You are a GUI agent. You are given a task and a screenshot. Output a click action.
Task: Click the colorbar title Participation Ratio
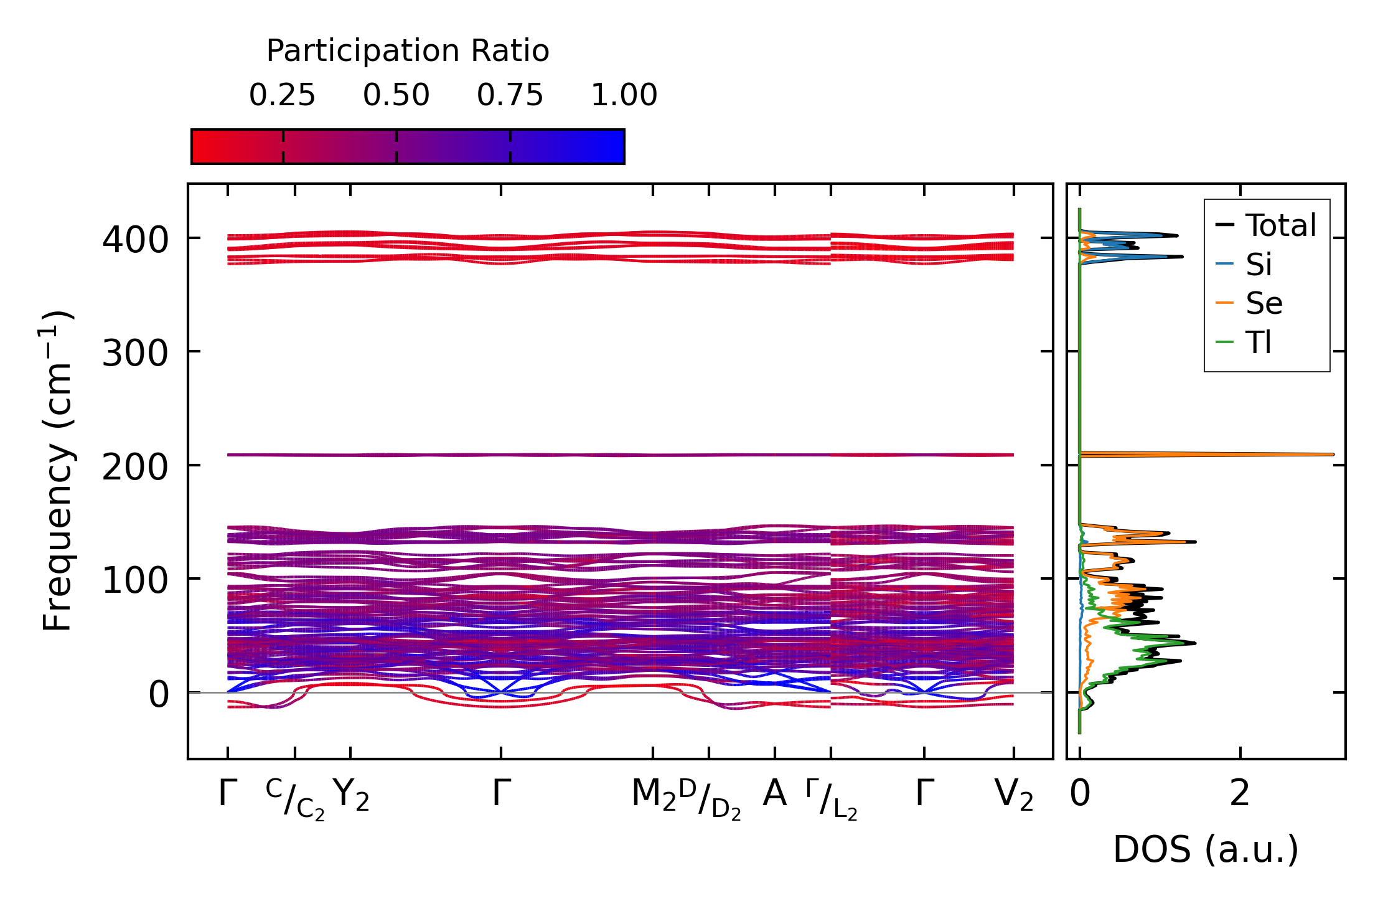[408, 51]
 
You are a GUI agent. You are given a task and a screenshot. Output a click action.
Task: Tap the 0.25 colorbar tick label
[283, 95]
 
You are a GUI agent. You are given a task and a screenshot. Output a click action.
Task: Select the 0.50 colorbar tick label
[396, 95]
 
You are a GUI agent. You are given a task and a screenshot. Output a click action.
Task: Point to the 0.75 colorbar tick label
[510, 95]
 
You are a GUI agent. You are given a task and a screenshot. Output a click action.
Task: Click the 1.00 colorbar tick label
[624, 95]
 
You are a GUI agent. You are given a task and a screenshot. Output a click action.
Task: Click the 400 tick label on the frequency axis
[135, 240]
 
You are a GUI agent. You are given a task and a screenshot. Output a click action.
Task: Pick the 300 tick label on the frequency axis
[135, 354]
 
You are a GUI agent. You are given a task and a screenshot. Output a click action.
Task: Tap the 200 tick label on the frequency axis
[135, 467]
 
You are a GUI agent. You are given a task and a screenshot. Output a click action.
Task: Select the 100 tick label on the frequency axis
[135, 581]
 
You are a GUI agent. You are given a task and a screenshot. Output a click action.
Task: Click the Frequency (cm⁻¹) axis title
[58, 471]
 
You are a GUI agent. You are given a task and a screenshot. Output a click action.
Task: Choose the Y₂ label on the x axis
[351, 795]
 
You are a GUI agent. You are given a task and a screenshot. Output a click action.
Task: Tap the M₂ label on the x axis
[654, 795]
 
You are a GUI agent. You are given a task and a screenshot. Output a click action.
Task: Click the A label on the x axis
[774, 794]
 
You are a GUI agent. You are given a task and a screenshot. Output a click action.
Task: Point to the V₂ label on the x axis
[1014, 795]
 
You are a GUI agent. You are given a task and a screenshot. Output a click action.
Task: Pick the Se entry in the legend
[1263, 303]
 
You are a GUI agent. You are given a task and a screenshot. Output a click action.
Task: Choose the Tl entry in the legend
[1258, 342]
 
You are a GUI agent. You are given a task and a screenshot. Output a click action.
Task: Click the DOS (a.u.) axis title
[1206, 849]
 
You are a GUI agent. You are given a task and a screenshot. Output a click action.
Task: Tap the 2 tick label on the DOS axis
[1240, 794]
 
